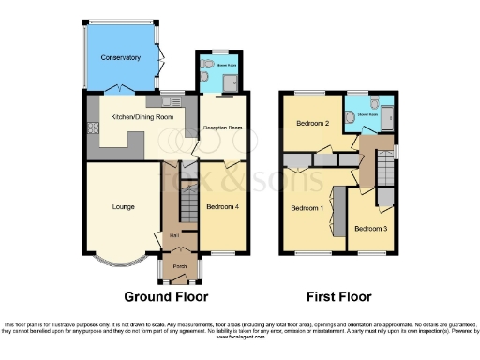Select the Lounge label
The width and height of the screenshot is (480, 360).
click(123, 206)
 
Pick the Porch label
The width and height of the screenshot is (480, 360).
click(178, 265)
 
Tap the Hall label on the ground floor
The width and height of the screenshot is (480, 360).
click(174, 234)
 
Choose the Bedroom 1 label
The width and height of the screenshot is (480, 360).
click(307, 207)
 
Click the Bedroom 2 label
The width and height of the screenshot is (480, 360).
click(312, 123)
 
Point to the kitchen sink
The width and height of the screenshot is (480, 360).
click(174, 97)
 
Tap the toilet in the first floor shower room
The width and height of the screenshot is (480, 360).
click(373, 103)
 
